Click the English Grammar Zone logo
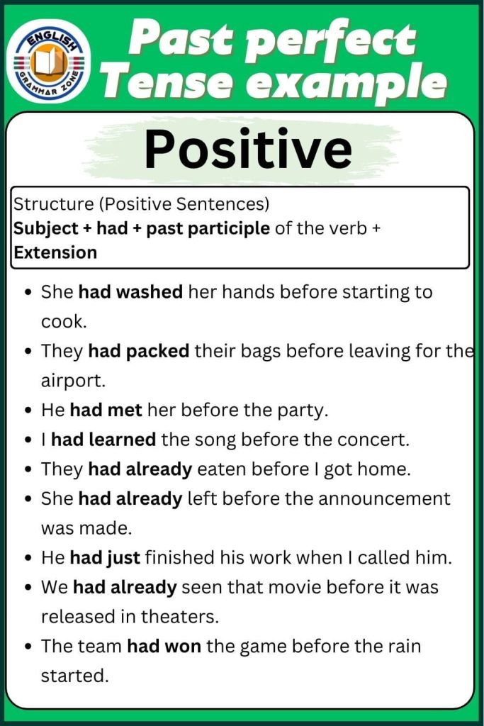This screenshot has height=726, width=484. coord(49,61)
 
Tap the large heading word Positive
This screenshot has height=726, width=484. coord(247,149)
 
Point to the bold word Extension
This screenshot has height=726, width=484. coord(55,252)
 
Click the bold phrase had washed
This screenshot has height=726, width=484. coord(130,291)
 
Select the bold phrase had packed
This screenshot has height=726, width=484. coord(138,351)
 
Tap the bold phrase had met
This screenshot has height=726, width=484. coord(106,410)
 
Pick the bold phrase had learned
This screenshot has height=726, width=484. coord(103,440)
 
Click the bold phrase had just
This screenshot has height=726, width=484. coord(105,557)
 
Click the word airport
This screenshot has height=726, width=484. coord(72,381)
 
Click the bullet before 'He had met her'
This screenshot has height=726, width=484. coord(27,411)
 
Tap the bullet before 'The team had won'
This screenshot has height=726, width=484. coord(27,647)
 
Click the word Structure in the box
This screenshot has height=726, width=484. coord(53,205)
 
